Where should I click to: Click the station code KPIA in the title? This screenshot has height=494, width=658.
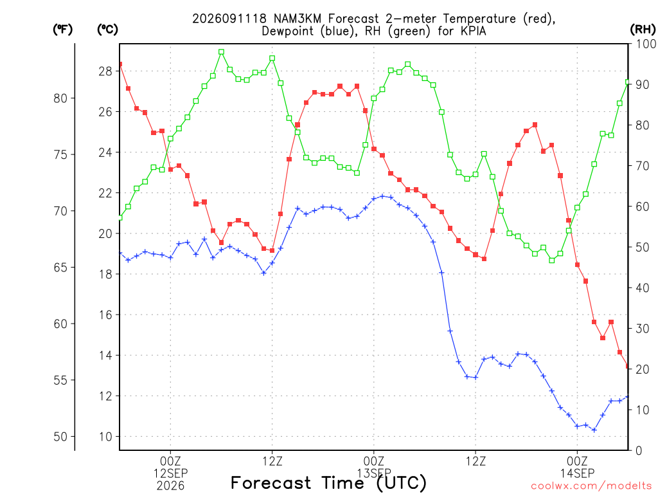pyautogui.click(x=473, y=31)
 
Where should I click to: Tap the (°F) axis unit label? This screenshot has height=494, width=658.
pyautogui.click(x=62, y=30)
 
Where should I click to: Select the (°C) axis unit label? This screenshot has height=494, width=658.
pyautogui.click(x=107, y=30)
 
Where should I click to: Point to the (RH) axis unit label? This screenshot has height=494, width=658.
pyautogui.click(x=643, y=30)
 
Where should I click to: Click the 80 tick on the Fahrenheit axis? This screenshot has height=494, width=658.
pyautogui.click(x=60, y=98)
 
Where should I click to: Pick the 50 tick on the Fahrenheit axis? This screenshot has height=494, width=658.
pyautogui.click(x=60, y=437)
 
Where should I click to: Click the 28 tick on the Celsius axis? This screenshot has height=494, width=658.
pyautogui.click(x=105, y=71)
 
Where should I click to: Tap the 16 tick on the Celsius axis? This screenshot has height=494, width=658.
pyautogui.click(x=105, y=315)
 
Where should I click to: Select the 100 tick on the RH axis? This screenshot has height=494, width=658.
pyautogui.click(x=646, y=44)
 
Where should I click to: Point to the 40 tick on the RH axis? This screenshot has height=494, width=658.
pyautogui.click(x=642, y=288)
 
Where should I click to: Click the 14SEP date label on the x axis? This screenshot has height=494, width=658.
pyautogui.click(x=577, y=473)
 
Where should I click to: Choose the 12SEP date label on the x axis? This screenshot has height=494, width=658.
pyautogui.click(x=170, y=473)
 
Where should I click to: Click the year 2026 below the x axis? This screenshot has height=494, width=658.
pyautogui.click(x=170, y=486)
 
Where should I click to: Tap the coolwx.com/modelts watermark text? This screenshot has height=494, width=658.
pyautogui.click(x=591, y=486)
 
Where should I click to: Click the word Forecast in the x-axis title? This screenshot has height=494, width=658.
pyautogui.click(x=271, y=482)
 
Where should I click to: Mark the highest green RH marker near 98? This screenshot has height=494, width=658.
pyautogui.click(x=221, y=52)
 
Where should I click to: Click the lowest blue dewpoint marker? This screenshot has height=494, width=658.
pyautogui.click(x=594, y=430)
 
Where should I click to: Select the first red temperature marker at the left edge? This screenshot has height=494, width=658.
pyautogui.click(x=120, y=64)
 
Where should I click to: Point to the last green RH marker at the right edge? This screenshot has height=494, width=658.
pyautogui.click(x=627, y=82)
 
